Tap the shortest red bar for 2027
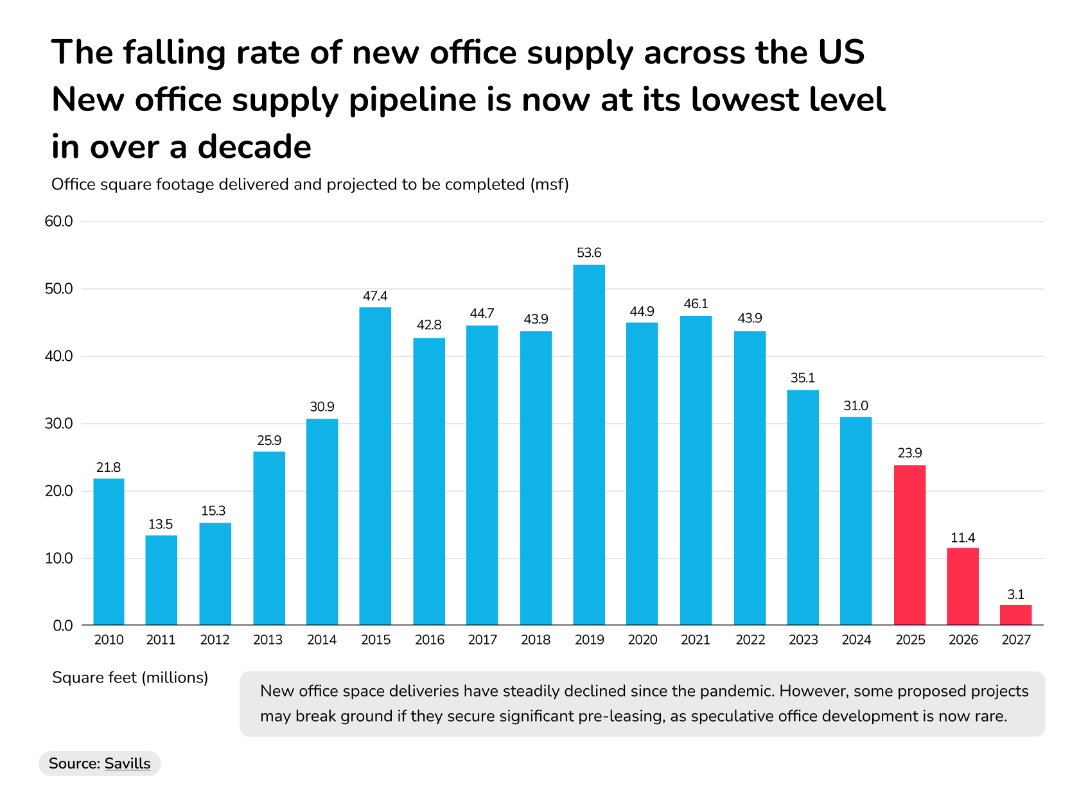[1015, 614]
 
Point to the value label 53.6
[589, 253]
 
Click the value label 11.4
[963, 537]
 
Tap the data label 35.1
[802, 378]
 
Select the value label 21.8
[109, 467]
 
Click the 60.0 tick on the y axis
[59, 221]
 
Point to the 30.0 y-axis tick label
[59, 424]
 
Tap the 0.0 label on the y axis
[63, 625]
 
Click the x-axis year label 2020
[642, 639]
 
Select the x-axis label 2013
[268, 639]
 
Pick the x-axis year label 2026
[963, 639]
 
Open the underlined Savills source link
[127, 763]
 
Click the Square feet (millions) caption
[130, 677]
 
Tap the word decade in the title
[254, 147]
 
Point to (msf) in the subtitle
[550, 185]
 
